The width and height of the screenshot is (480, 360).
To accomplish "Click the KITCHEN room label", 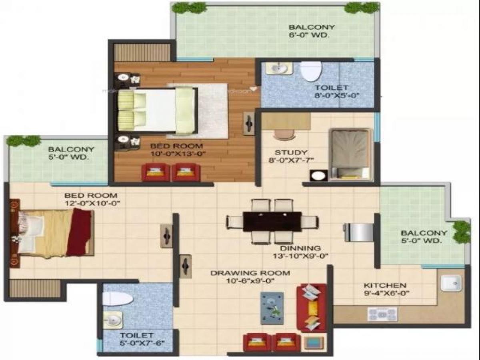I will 385,286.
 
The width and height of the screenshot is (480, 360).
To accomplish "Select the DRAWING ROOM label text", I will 250,273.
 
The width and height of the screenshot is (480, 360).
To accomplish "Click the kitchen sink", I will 451,283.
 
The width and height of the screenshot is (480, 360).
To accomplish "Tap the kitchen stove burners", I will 382,314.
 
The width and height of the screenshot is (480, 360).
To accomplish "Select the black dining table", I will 272,221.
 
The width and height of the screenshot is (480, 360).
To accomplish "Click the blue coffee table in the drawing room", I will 272,308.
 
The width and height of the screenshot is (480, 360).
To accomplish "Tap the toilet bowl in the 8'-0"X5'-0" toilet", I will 311,71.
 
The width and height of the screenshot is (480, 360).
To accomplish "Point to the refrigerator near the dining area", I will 360,232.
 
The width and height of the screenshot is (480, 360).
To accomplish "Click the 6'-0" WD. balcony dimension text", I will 312,36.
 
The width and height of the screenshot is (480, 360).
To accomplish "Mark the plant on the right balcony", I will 462,232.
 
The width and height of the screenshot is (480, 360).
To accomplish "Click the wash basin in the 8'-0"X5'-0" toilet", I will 279,69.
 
